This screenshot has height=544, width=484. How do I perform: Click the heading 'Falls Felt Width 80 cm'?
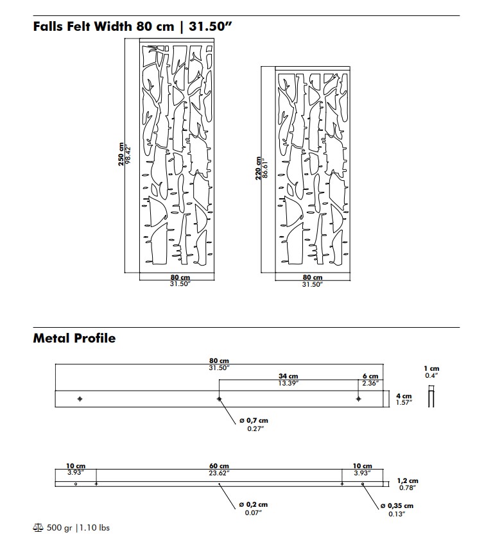point(103,26)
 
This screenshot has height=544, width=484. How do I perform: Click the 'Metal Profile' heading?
point(74,338)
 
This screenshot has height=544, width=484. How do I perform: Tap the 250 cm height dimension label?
point(121,155)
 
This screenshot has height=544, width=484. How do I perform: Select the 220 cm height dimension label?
point(258,168)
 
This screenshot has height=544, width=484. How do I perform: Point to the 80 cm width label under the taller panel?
point(180,277)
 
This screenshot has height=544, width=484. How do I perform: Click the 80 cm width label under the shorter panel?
point(313,277)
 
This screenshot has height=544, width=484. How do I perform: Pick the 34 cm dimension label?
point(288,376)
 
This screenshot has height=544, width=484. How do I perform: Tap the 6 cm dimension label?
point(370,376)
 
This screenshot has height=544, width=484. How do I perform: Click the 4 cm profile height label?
point(404,396)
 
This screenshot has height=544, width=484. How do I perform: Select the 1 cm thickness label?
point(431,368)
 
